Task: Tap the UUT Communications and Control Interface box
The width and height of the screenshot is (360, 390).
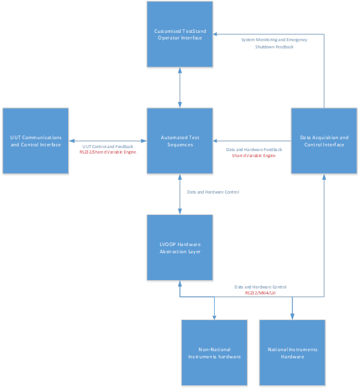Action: click(x=35, y=141)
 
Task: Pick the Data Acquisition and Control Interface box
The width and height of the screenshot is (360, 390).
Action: click(x=324, y=141)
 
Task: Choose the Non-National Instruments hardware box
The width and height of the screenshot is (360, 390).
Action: click(x=214, y=352)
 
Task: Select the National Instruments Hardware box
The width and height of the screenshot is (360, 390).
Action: click(x=292, y=352)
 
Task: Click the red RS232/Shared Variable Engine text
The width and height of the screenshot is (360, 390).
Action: click(x=108, y=152)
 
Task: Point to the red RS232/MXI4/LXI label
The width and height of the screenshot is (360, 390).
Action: click(x=260, y=293)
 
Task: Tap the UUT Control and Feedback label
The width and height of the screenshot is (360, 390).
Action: click(x=108, y=146)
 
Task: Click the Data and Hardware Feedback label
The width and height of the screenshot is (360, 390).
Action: click(x=254, y=149)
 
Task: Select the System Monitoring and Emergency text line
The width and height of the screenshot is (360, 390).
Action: click(x=274, y=40)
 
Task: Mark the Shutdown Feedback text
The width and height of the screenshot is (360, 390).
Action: click(x=274, y=47)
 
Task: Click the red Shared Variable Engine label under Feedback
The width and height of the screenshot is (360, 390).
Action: click(x=254, y=155)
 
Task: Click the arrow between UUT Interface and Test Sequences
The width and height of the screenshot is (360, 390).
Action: click(x=108, y=141)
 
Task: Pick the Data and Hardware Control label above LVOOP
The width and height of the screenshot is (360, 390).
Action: click(x=213, y=192)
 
